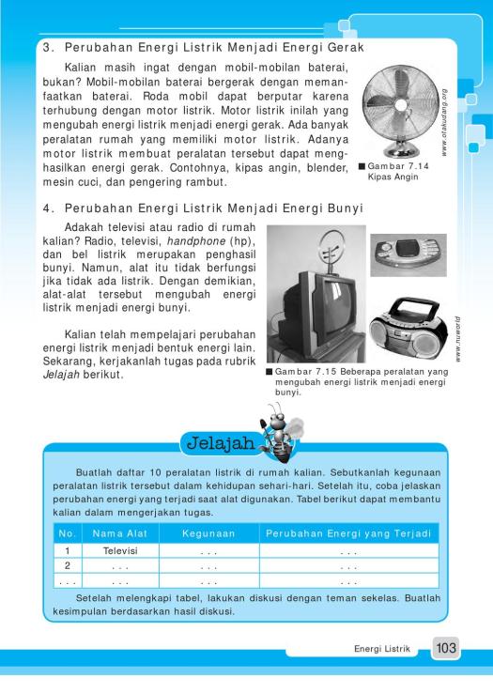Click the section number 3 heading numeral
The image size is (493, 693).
point(46,46)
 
